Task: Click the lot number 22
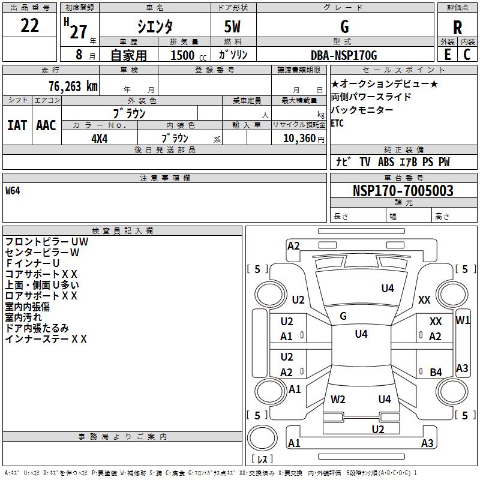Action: pyautogui.click(x=30, y=26)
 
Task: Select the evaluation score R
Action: pyautogui.click(x=457, y=28)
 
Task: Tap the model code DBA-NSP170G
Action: pyautogui.click(x=344, y=55)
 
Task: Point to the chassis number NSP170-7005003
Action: pyautogui.click(x=403, y=191)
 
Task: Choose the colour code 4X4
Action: pyautogui.click(x=100, y=138)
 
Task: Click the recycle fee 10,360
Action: pyautogui.click(x=298, y=138)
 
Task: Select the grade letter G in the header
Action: pyautogui.click(x=344, y=27)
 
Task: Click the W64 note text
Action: pyautogui.click(x=13, y=191)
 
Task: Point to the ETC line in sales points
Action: pyautogui.click(x=338, y=123)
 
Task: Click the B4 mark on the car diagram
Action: pyautogui.click(x=436, y=372)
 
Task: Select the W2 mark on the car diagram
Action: pyautogui.click(x=338, y=399)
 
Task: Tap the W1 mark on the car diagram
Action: pyautogui.click(x=463, y=320)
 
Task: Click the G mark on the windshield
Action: pyautogui.click(x=343, y=316)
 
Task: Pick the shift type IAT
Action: pyautogui.click(x=17, y=125)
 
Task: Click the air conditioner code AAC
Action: pyautogui.click(x=46, y=125)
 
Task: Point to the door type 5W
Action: pyautogui.click(x=233, y=27)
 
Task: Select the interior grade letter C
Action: pyautogui.click(x=467, y=54)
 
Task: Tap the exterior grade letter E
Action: pyautogui.click(x=447, y=54)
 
